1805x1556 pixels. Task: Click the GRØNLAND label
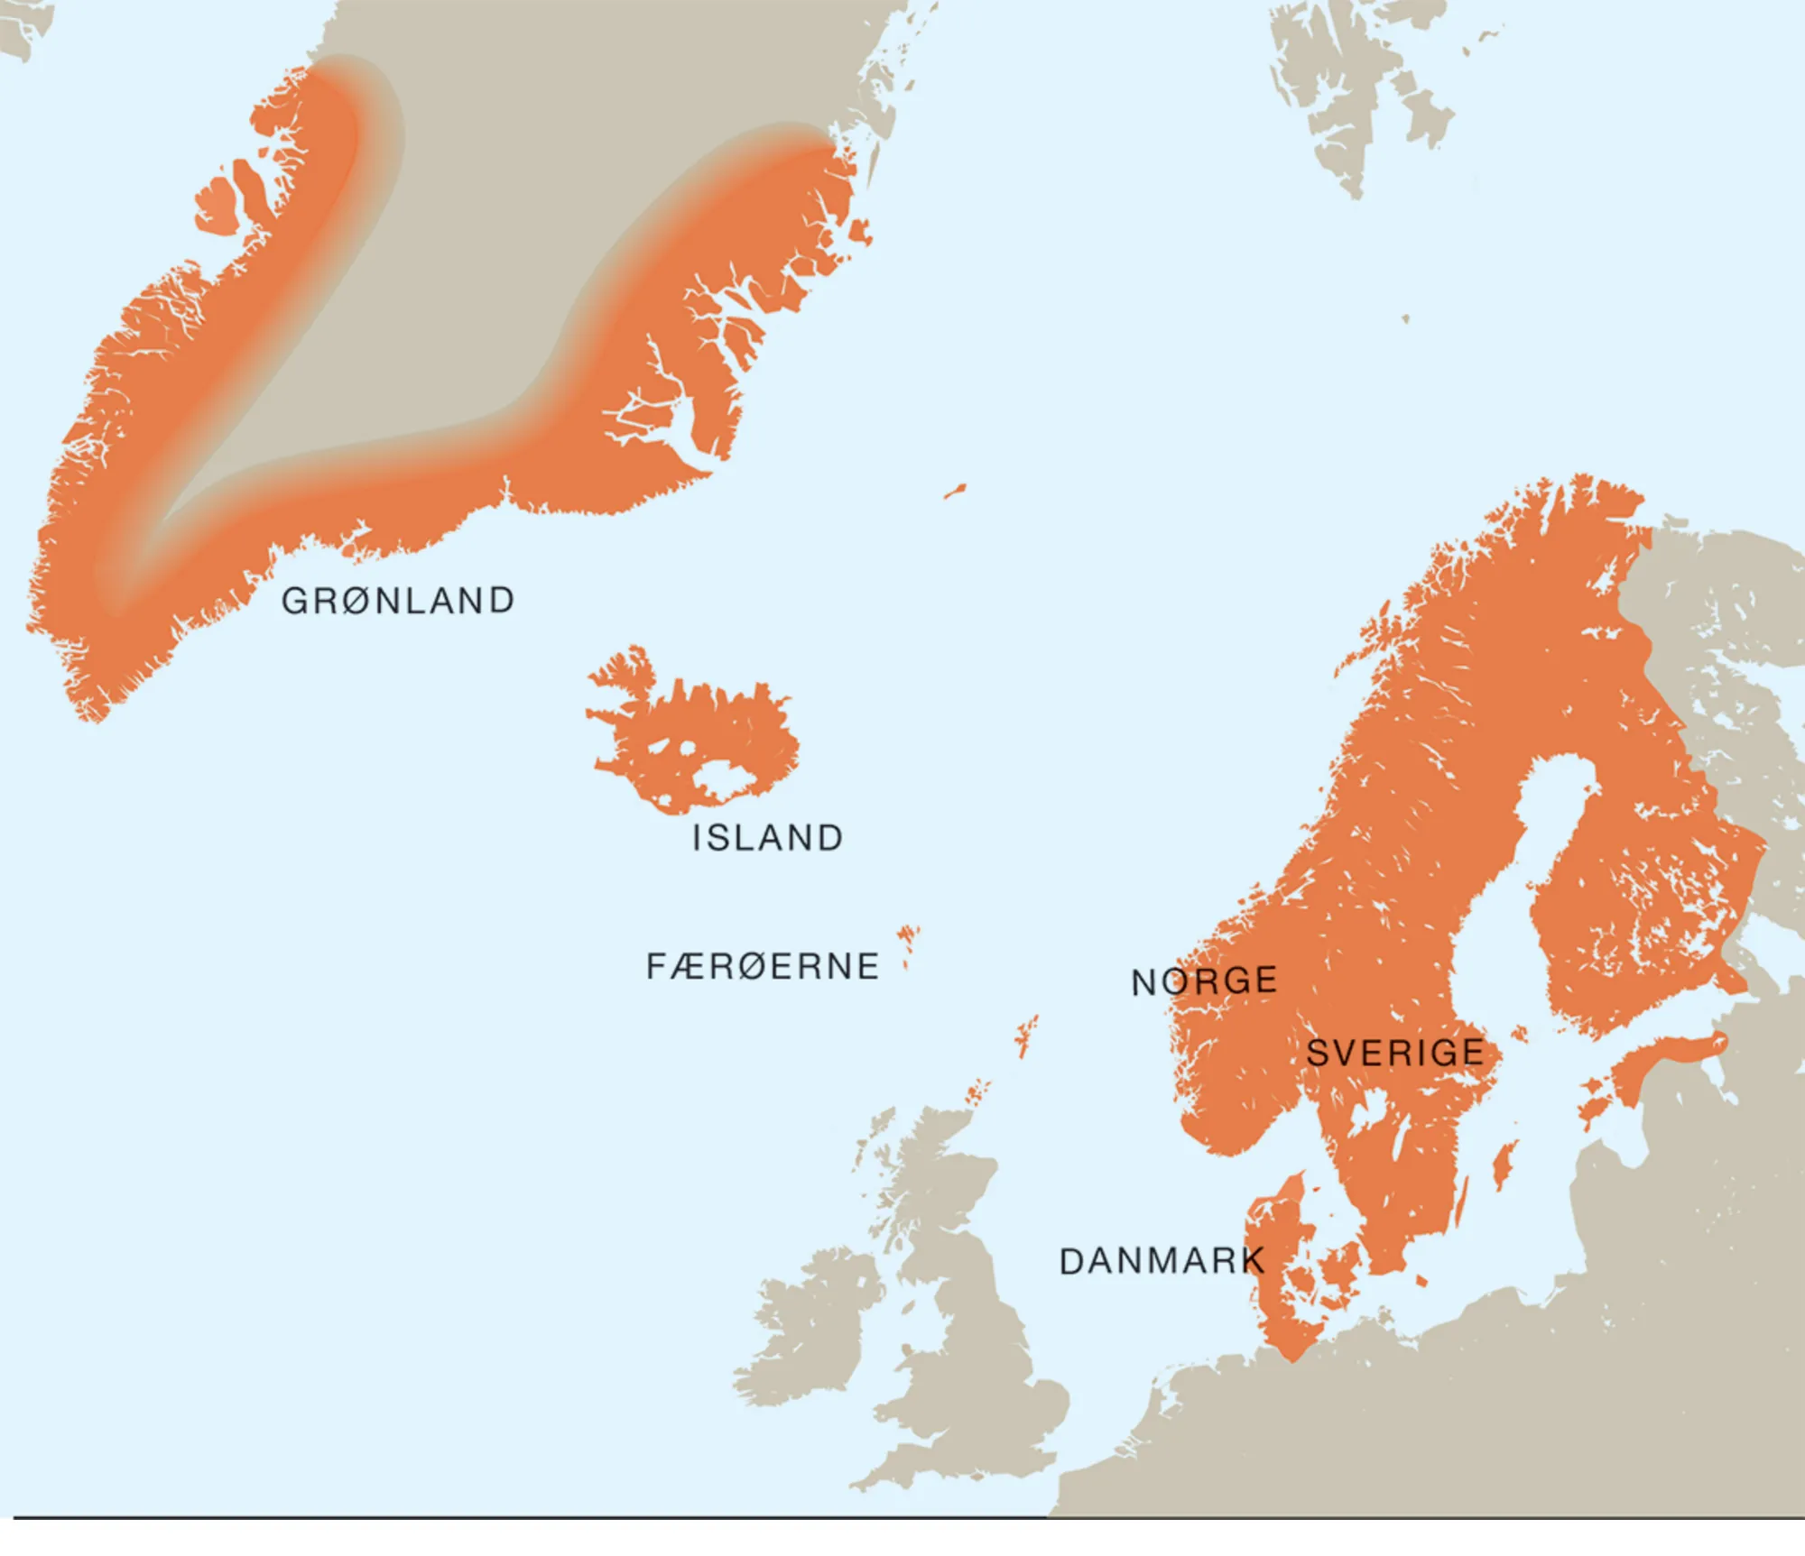pyautogui.click(x=398, y=601)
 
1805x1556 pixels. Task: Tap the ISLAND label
pyautogui.click(x=768, y=838)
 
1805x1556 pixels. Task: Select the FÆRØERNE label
pyautogui.click(x=763, y=967)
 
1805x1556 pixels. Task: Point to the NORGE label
pyautogui.click(x=1204, y=981)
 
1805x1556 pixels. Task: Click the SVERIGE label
pyautogui.click(x=1395, y=1053)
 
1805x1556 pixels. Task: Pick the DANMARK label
pyautogui.click(x=1162, y=1261)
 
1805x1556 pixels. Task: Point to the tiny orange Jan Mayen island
pyautogui.click(x=955, y=492)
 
